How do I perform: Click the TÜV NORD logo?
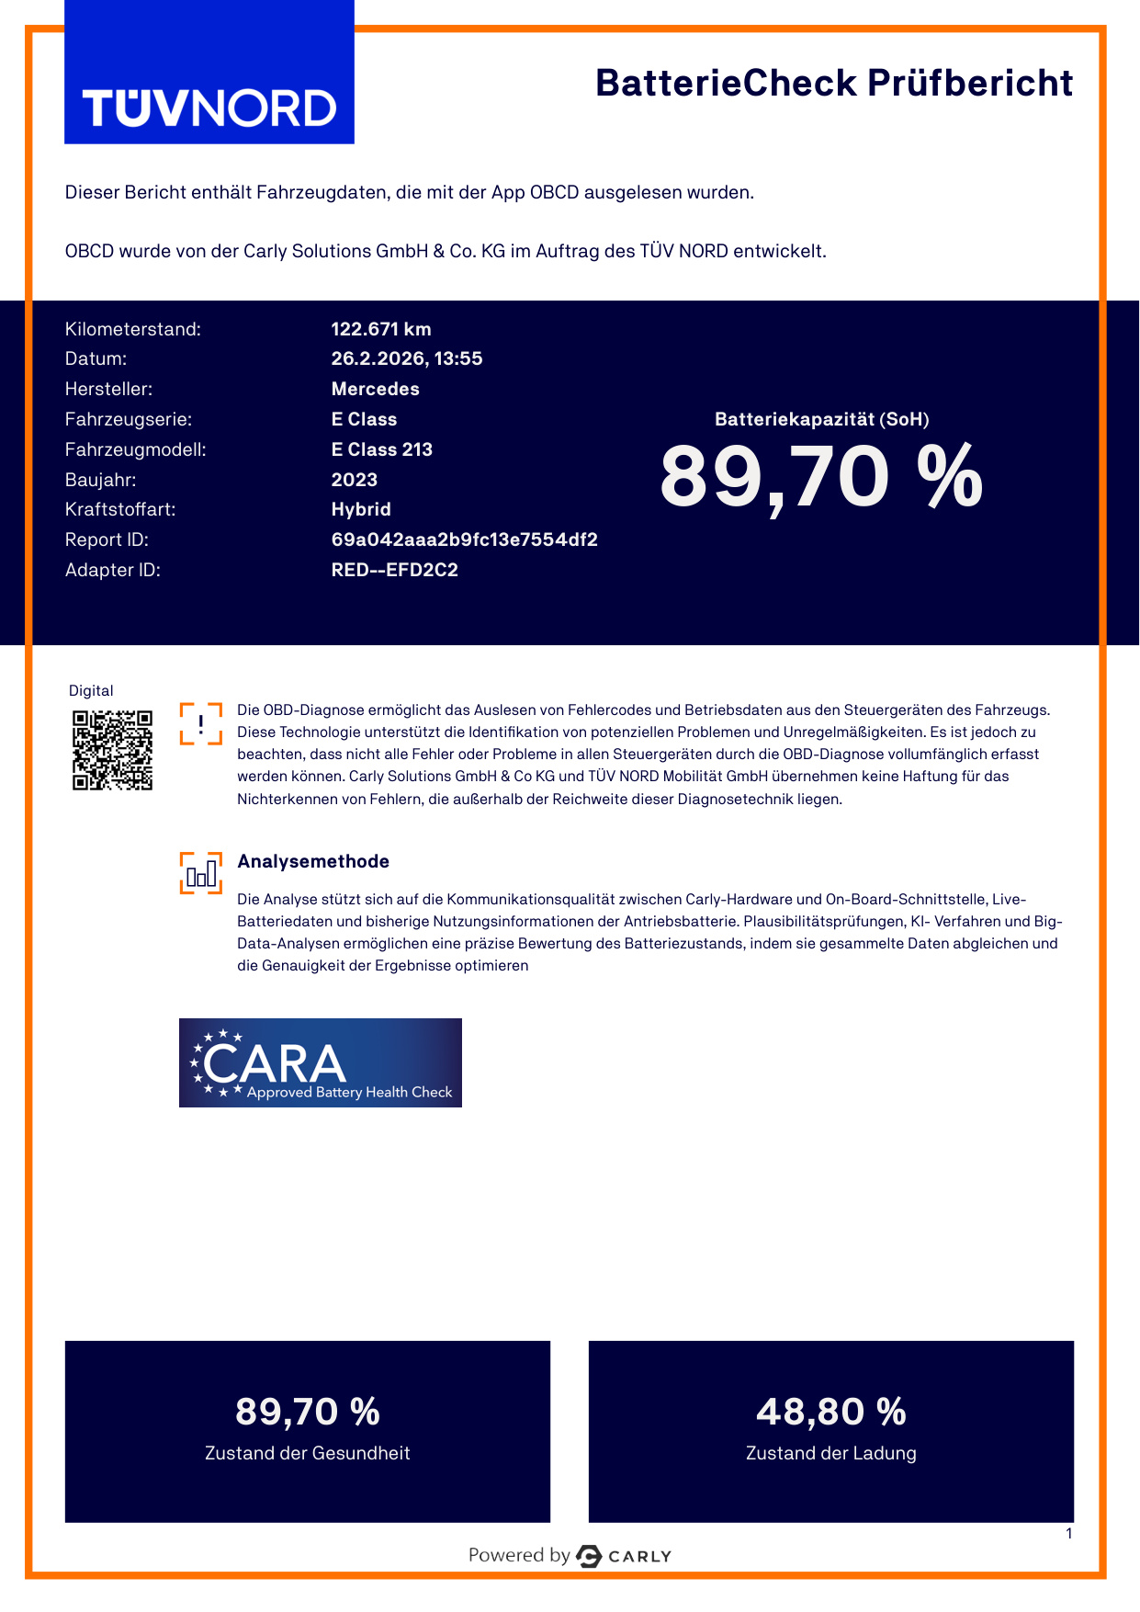[209, 108]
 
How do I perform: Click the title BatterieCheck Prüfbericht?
[833, 84]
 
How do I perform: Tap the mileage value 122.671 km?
[380, 329]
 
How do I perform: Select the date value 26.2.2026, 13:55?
[406, 358]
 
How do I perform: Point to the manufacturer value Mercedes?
[375, 389]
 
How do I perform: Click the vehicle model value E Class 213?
[381, 449]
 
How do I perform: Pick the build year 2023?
[354, 480]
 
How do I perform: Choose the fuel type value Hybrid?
[361, 509]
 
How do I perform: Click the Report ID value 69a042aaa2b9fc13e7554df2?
[464, 539]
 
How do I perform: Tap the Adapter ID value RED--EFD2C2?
[394, 570]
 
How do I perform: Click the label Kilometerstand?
[132, 329]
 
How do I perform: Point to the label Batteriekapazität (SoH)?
[821, 419]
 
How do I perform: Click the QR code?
[112, 750]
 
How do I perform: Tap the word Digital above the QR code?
[91, 691]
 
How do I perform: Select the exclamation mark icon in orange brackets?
[201, 723]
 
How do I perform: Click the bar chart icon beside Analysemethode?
[201, 873]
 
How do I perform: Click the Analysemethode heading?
[313, 861]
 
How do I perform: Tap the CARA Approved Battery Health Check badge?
[320, 1062]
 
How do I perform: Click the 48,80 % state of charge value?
[830, 1412]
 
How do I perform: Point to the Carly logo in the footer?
[624, 1556]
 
